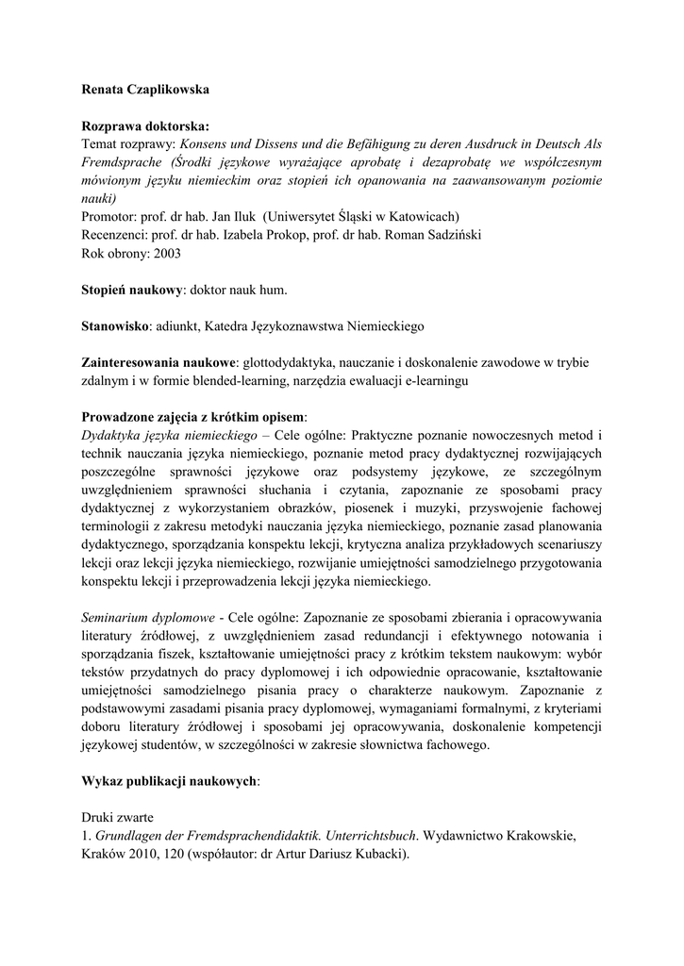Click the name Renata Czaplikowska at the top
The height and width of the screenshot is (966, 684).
coord(145,90)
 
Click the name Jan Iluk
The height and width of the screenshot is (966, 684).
coord(232,217)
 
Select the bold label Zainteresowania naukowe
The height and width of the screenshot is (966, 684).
coord(158,361)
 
